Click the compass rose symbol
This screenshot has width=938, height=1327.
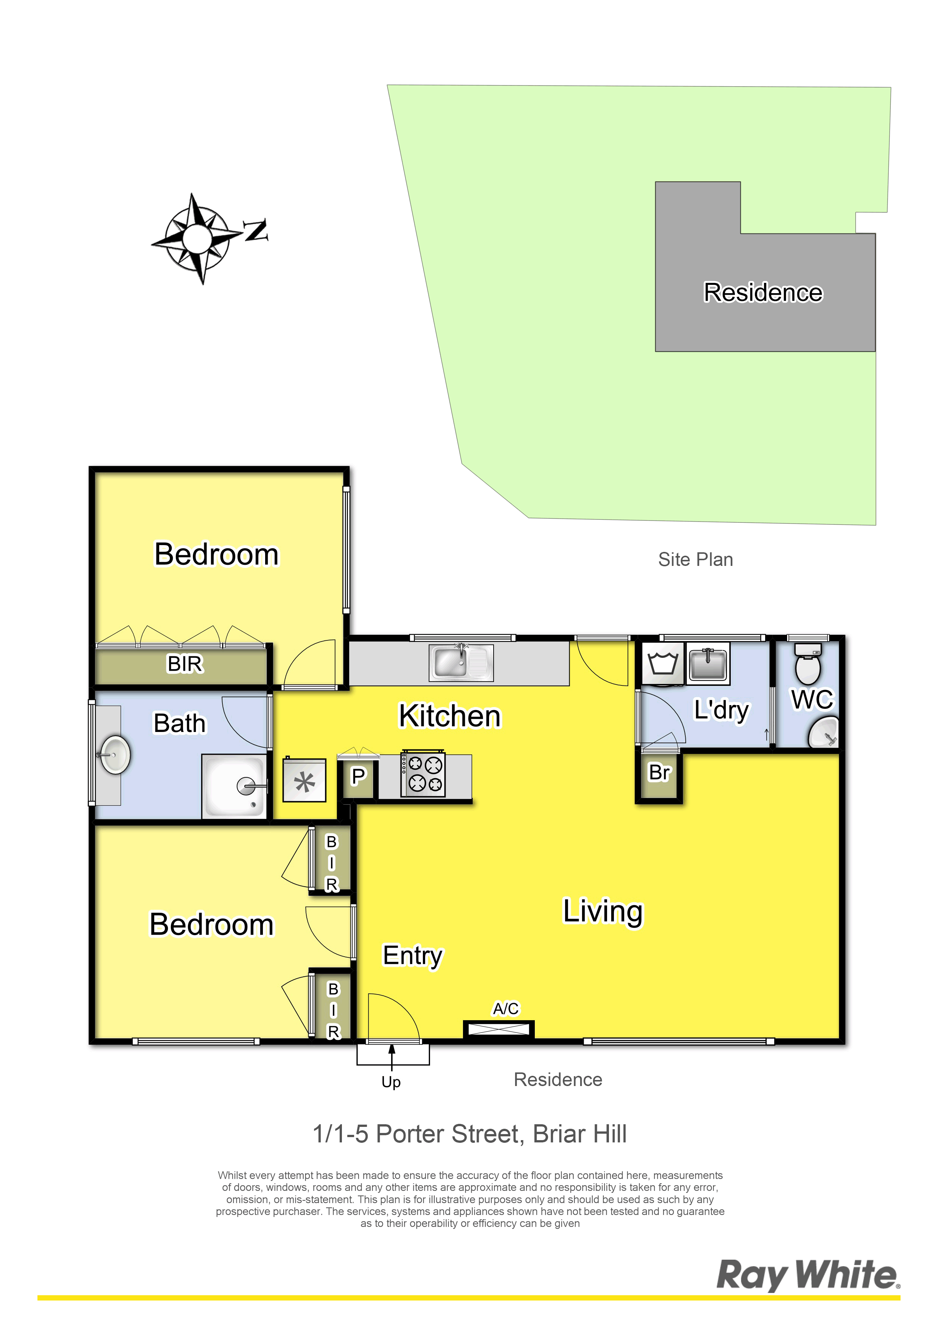tap(197, 238)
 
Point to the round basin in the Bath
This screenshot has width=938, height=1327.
tap(115, 754)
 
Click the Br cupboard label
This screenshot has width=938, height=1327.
tap(659, 772)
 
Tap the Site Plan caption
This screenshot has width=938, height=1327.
tap(695, 559)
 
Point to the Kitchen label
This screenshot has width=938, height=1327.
tap(450, 716)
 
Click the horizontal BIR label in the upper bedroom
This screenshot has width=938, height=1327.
tap(185, 663)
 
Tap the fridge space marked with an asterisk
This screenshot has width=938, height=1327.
tap(304, 780)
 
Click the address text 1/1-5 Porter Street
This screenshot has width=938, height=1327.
tap(418, 1134)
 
